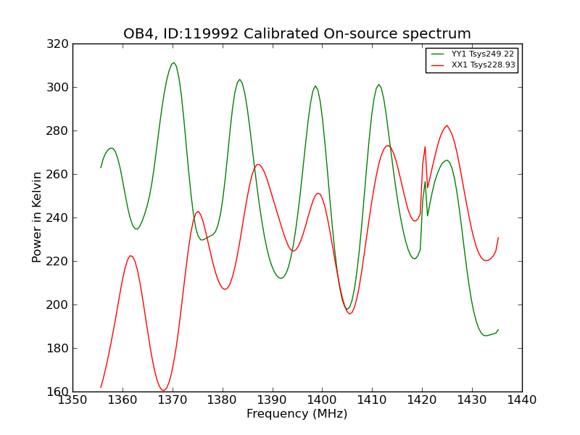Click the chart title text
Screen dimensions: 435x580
pyautogui.click(x=297, y=34)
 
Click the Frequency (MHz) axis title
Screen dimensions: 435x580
pyautogui.click(x=297, y=414)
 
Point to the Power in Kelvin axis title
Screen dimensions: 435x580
pyautogui.click(x=37, y=217)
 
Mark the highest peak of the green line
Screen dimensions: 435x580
pyautogui.click(x=173, y=62)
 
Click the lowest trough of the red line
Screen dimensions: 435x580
pyautogui.click(x=163, y=391)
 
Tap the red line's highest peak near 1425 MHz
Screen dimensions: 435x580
pyautogui.click(x=447, y=125)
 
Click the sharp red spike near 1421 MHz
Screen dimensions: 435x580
pyautogui.click(x=426, y=146)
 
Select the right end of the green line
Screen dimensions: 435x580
pyautogui.click(x=498, y=330)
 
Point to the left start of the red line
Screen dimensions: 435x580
pyautogui.click(x=101, y=387)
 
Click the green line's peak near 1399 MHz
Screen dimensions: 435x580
pyautogui.click(x=315, y=86)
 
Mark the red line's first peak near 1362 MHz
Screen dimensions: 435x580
pyautogui.click(x=130, y=255)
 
